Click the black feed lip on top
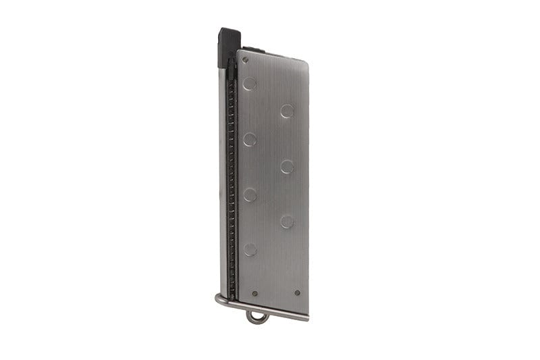point(228,45)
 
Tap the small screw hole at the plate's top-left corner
point(244,59)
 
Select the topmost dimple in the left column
point(250,84)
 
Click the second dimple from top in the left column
point(250,140)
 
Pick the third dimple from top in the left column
point(250,195)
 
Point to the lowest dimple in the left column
point(250,249)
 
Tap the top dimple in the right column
point(288,111)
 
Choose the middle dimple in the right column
point(288,166)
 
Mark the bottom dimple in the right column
point(288,221)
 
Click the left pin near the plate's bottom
point(254,294)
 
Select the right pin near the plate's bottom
point(297,293)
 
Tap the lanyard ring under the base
point(257,317)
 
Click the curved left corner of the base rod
point(219,299)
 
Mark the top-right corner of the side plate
point(306,55)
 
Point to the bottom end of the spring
point(232,297)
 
